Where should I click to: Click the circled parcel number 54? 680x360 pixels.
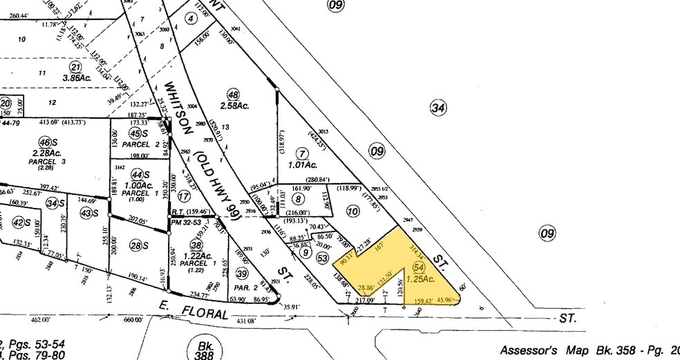click(417, 267)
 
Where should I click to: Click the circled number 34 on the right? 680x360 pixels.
click(437, 107)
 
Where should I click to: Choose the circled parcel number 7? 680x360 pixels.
click(301, 153)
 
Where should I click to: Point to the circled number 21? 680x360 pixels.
click(75, 67)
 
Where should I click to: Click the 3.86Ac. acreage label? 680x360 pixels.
click(76, 78)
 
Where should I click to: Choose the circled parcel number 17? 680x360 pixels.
click(184, 196)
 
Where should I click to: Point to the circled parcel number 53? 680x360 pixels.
click(321, 258)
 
